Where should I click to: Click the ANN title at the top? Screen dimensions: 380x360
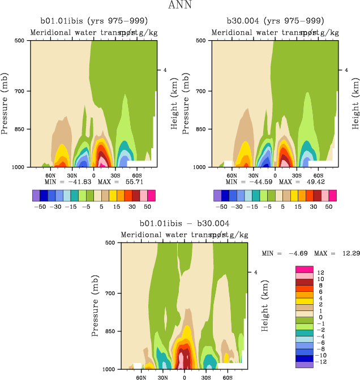tap(180, 6)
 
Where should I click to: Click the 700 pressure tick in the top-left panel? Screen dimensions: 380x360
tap(20, 91)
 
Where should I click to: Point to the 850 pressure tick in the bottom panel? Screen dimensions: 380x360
tap(110, 331)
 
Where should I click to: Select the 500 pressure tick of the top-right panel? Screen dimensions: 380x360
tap(201, 41)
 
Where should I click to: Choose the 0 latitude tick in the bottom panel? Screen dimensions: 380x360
tap(184, 376)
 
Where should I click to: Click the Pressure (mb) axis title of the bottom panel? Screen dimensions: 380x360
tap(95, 306)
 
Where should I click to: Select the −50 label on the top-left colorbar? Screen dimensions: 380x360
tap(40, 207)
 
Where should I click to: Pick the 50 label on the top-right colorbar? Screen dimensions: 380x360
tap(329, 207)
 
